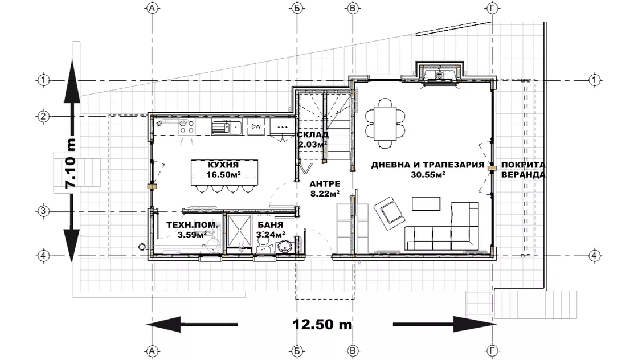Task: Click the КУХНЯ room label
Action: click(x=223, y=165)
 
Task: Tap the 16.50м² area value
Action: click(x=223, y=174)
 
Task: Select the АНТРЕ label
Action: click(x=325, y=184)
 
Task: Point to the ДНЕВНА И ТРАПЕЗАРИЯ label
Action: click(x=428, y=165)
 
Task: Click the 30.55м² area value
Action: click(x=428, y=174)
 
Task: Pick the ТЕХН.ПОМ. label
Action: click(x=192, y=225)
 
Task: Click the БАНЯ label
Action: click(x=271, y=225)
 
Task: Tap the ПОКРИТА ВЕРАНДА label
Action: click(x=524, y=170)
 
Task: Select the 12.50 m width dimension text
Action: click(x=322, y=324)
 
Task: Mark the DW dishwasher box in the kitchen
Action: click(x=256, y=126)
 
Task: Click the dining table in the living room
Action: click(x=385, y=123)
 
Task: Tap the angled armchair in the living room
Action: click(x=389, y=213)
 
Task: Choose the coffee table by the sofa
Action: click(x=426, y=204)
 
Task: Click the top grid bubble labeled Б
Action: click(x=297, y=8)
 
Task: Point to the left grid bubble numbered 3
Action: click(x=43, y=211)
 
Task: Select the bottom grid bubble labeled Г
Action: click(x=493, y=351)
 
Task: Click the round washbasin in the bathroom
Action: click(x=284, y=247)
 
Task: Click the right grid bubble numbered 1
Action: click(x=595, y=80)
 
